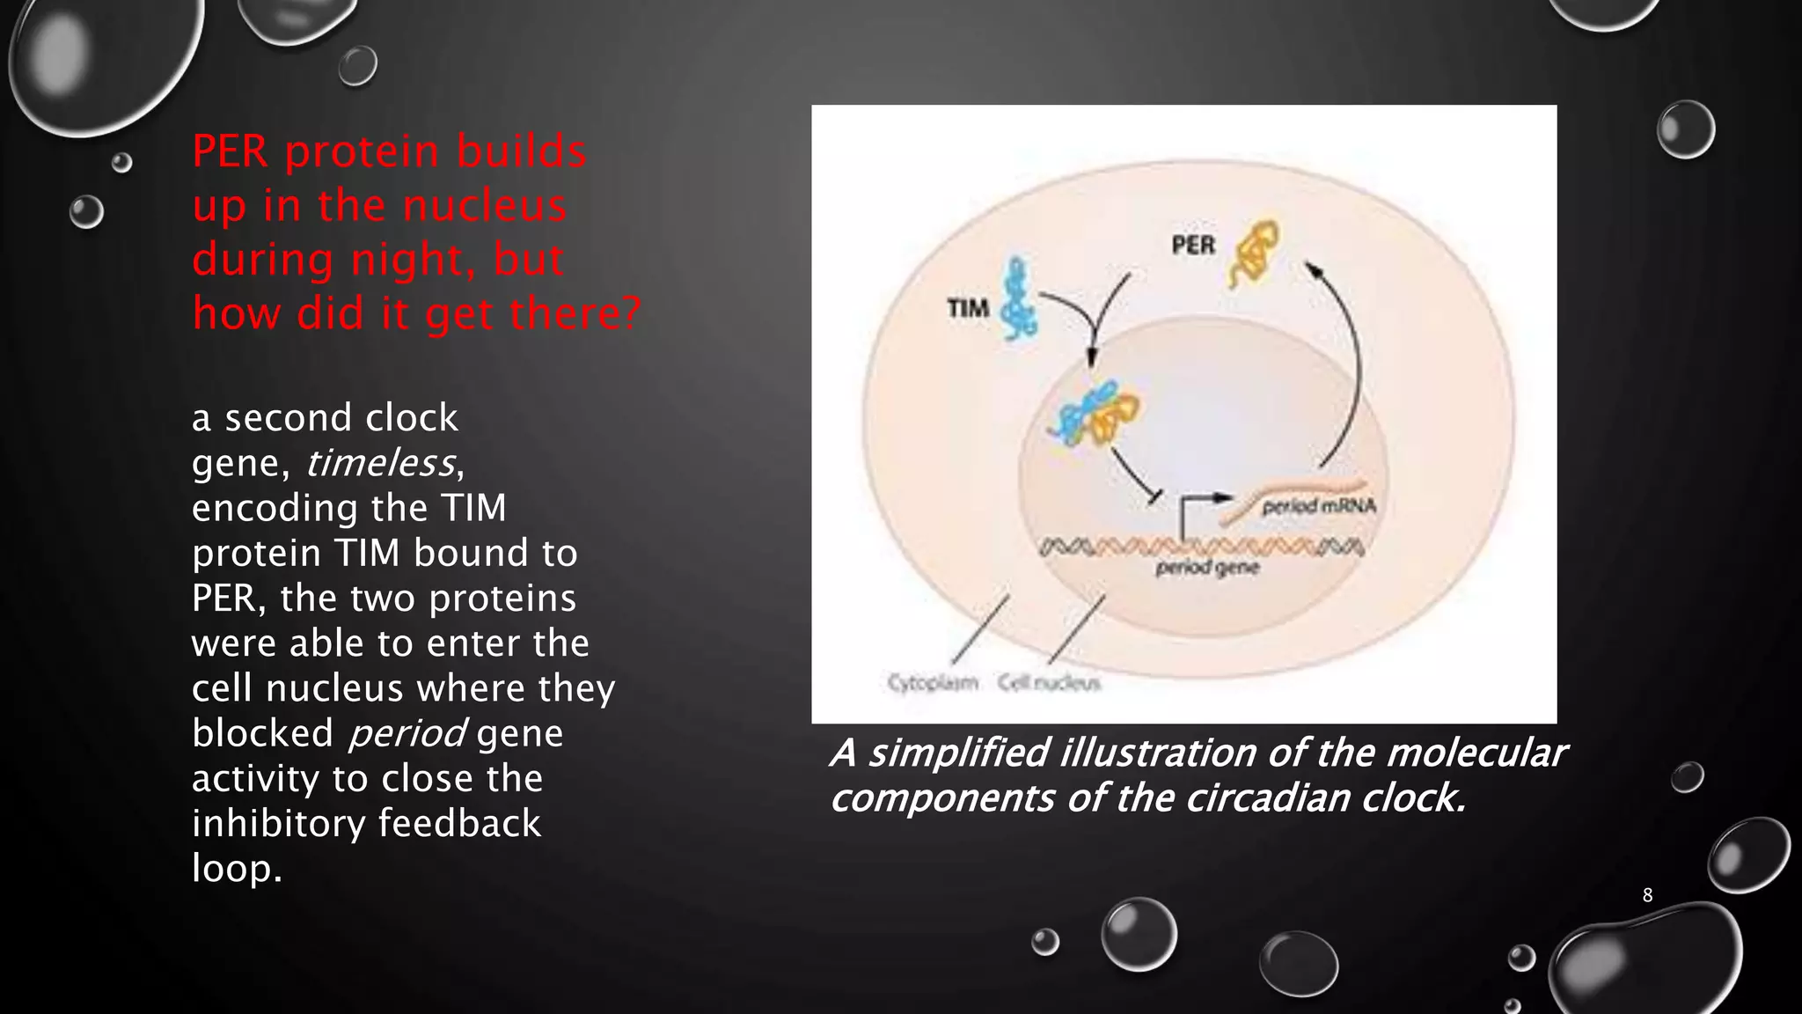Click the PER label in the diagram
click(x=1193, y=245)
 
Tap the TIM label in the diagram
click(x=968, y=308)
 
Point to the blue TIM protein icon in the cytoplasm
click(x=1021, y=299)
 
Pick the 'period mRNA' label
click(x=1318, y=506)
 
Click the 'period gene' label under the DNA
click(x=1207, y=568)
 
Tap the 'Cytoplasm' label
click(x=932, y=683)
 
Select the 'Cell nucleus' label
click(x=1048, y=683)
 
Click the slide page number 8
click(x=1647, y=895)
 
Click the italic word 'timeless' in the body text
click(x=380, y=463)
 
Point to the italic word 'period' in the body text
click(x=407, y=733)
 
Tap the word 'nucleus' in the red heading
click(x=484, y=206)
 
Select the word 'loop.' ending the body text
click(x=237, y=869)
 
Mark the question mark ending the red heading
click(x=630, y=313)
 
